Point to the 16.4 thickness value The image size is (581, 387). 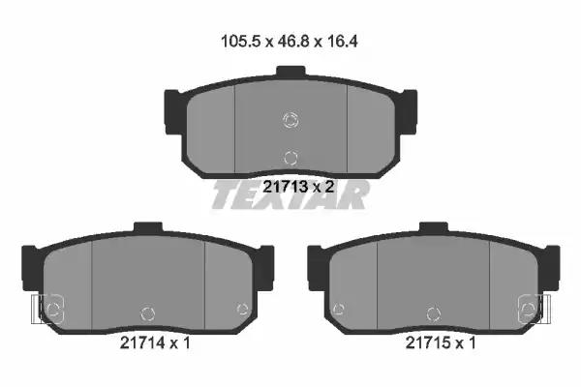tap(342, 41)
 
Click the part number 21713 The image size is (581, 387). tap(285, 187)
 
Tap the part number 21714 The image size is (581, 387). tap(142, 342)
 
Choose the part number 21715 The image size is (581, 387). tap(428, 342)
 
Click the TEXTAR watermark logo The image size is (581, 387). tap(290, 195)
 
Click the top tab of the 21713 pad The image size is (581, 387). tap(290, 72)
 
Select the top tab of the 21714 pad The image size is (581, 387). tap(148, 227)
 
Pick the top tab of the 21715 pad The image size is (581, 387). tap(434, 227)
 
